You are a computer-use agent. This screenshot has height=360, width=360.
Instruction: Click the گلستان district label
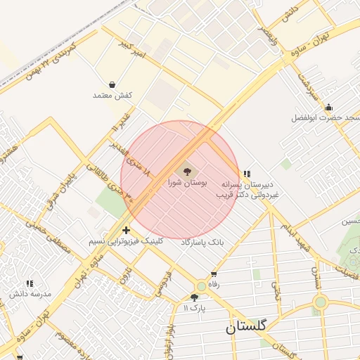246,327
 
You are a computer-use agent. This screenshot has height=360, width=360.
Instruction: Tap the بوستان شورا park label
187,182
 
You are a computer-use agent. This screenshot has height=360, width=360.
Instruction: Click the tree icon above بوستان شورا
187,170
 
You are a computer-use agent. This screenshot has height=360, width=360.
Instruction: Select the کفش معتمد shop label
112,95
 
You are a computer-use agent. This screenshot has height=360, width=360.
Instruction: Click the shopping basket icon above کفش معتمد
112,84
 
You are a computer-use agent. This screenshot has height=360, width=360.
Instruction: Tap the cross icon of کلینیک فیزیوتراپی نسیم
126,230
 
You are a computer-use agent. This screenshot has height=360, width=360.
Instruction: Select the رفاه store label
214,285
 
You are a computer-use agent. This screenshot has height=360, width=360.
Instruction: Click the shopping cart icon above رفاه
214,274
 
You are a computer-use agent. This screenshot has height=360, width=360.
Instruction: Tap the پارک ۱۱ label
195,308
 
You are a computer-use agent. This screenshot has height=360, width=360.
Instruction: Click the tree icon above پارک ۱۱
195,297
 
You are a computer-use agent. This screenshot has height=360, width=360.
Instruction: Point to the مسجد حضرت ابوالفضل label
325,118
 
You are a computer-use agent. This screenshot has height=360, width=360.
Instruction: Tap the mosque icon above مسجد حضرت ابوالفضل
328,107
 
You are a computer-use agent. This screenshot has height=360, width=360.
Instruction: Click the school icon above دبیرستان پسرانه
246,173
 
